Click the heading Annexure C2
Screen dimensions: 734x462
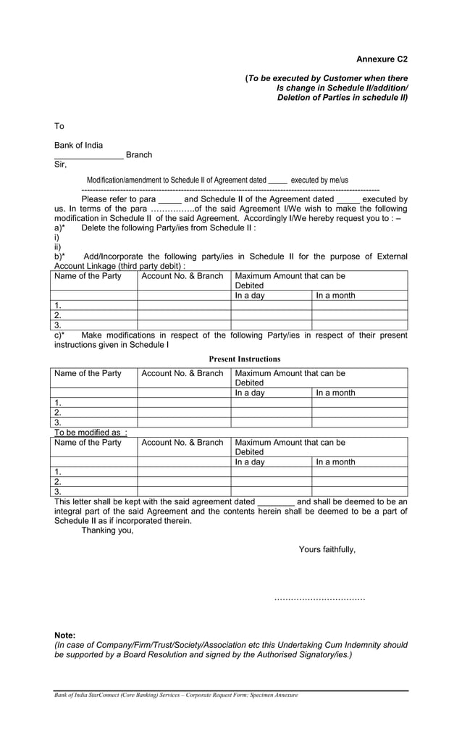(x=382, y=59)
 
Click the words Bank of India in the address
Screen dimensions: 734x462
(x=78, y=145)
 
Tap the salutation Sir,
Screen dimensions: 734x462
(x=60, y=164)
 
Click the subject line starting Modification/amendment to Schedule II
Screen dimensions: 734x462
(x=217, y=180)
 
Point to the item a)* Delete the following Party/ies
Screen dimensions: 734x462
(x=155, y=228)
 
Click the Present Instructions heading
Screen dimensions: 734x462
(x=244, y=359)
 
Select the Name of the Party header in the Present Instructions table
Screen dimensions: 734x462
(x=88, y=373)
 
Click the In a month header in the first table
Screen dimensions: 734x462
(x=335, y=296)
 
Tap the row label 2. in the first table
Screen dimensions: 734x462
(x=58, y=315)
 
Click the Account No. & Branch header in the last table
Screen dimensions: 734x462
(x=182, y=442)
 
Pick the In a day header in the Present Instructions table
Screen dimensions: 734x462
(x=250, y=393)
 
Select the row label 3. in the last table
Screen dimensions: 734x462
(x=58, y=491)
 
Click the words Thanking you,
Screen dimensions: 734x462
(x=107, y=530)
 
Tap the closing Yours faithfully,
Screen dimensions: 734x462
(x=327, y=549)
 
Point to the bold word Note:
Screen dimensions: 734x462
(x=64, y=635)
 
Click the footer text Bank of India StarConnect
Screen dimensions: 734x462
(x=175, y=695)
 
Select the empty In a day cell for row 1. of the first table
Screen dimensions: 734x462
(x=271, y=305)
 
